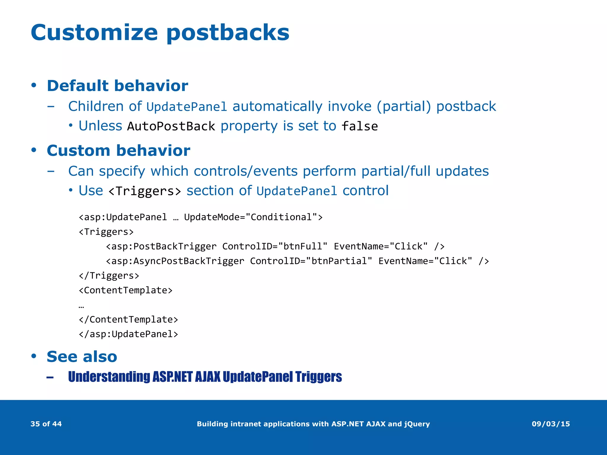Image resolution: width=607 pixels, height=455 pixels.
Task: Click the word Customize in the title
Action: [94, 33]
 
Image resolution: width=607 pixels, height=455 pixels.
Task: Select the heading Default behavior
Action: [117, 86]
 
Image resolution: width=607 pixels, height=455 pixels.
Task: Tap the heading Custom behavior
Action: [118, 150]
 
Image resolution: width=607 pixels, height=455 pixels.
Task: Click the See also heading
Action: [82, 356]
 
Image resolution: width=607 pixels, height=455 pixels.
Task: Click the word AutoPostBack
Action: [171, 126]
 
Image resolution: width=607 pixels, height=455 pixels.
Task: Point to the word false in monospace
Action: [360, 126]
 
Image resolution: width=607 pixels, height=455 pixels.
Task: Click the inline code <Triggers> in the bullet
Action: [145, 191]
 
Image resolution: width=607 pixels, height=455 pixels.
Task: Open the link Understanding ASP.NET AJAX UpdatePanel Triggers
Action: [205, 377]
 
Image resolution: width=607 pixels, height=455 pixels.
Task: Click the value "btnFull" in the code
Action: [302, 246]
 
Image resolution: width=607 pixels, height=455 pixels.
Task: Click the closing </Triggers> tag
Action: [109, 275]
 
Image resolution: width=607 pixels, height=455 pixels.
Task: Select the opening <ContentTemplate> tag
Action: [125, 290]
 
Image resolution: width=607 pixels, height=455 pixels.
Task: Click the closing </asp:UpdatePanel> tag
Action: [128, 334]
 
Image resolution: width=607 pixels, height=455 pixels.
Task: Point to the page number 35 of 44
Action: [46, 424]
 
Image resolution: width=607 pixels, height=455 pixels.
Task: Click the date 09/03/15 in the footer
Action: [551, 424]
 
